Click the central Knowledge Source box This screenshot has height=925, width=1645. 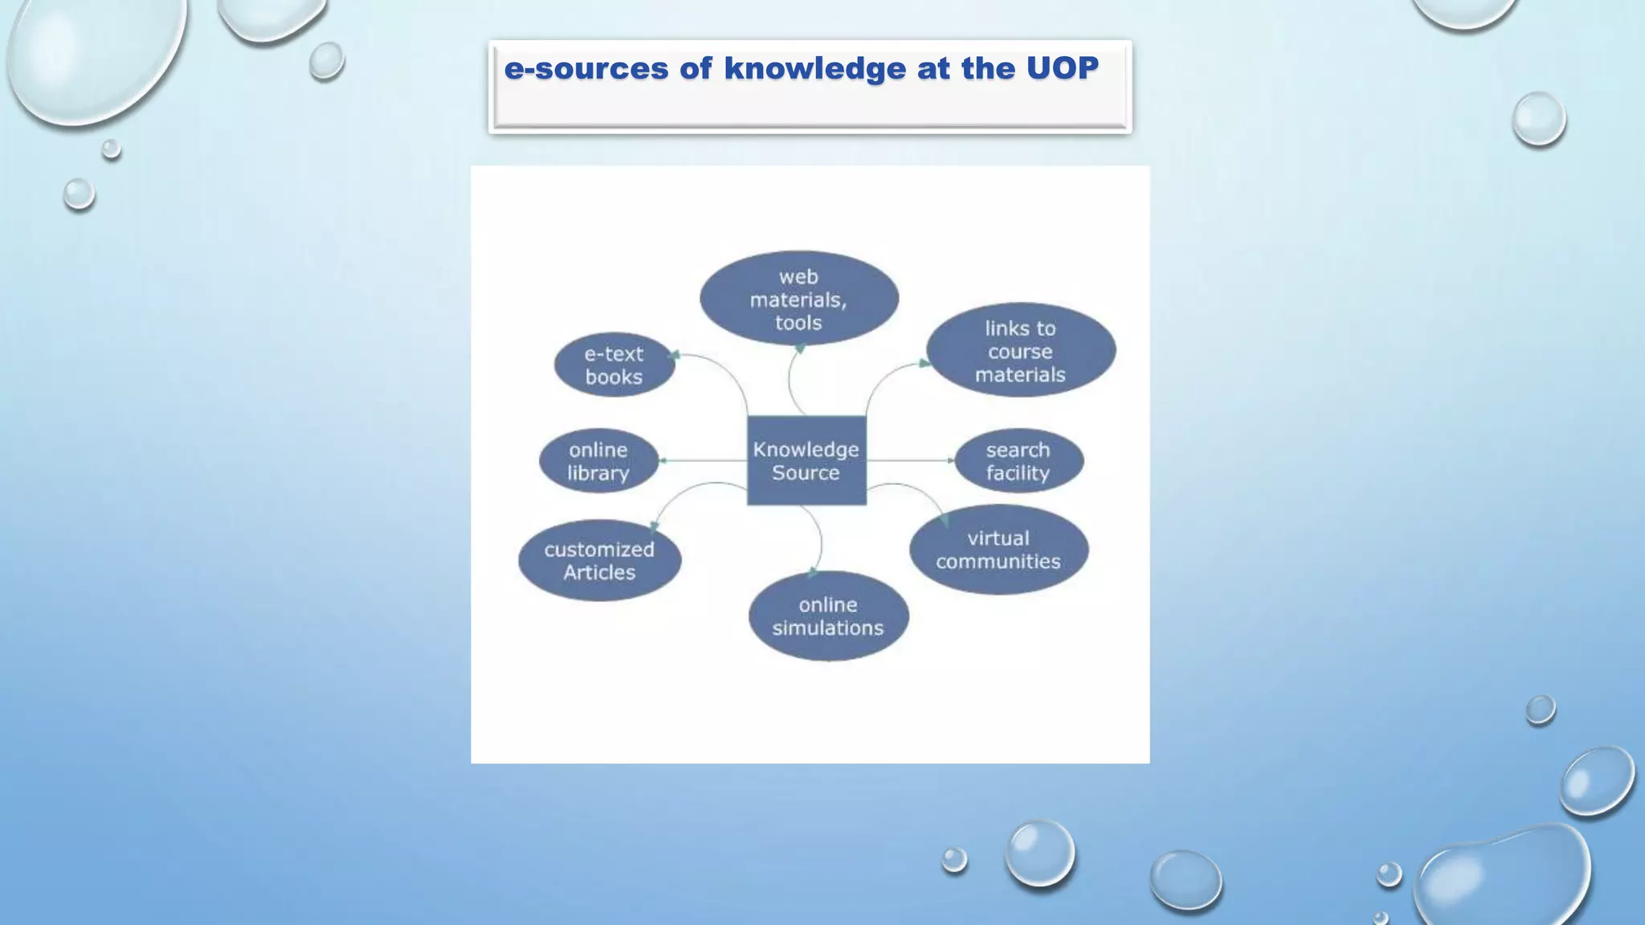[x=806, y=461]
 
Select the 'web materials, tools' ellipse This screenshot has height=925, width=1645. [x=798, y=299]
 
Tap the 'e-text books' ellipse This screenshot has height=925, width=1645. [x=614, y=365]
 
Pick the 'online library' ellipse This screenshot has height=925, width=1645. [x=598, y=461]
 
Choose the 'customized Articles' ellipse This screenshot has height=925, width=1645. [x=599, y=560]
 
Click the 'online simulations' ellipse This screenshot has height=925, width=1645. [x=828, y=616]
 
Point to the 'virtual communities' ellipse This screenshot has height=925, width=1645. [x=998, y=549]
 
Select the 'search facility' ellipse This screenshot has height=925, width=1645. [x=1018, y=461]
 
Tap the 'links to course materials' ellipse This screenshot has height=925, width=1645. [x=1020, y=351]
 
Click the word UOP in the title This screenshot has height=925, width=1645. [x=1062, y=69]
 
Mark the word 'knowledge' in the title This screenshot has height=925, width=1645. [x=815, y=69]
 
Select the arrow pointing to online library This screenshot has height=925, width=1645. [x=703, y=461]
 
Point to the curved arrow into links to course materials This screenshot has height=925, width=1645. [x=884, y=377]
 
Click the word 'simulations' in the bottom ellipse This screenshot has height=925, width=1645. [x=828, y=628]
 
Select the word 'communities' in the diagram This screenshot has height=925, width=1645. [x=998, y=561]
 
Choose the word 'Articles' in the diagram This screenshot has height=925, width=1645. [x=599, y=573]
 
